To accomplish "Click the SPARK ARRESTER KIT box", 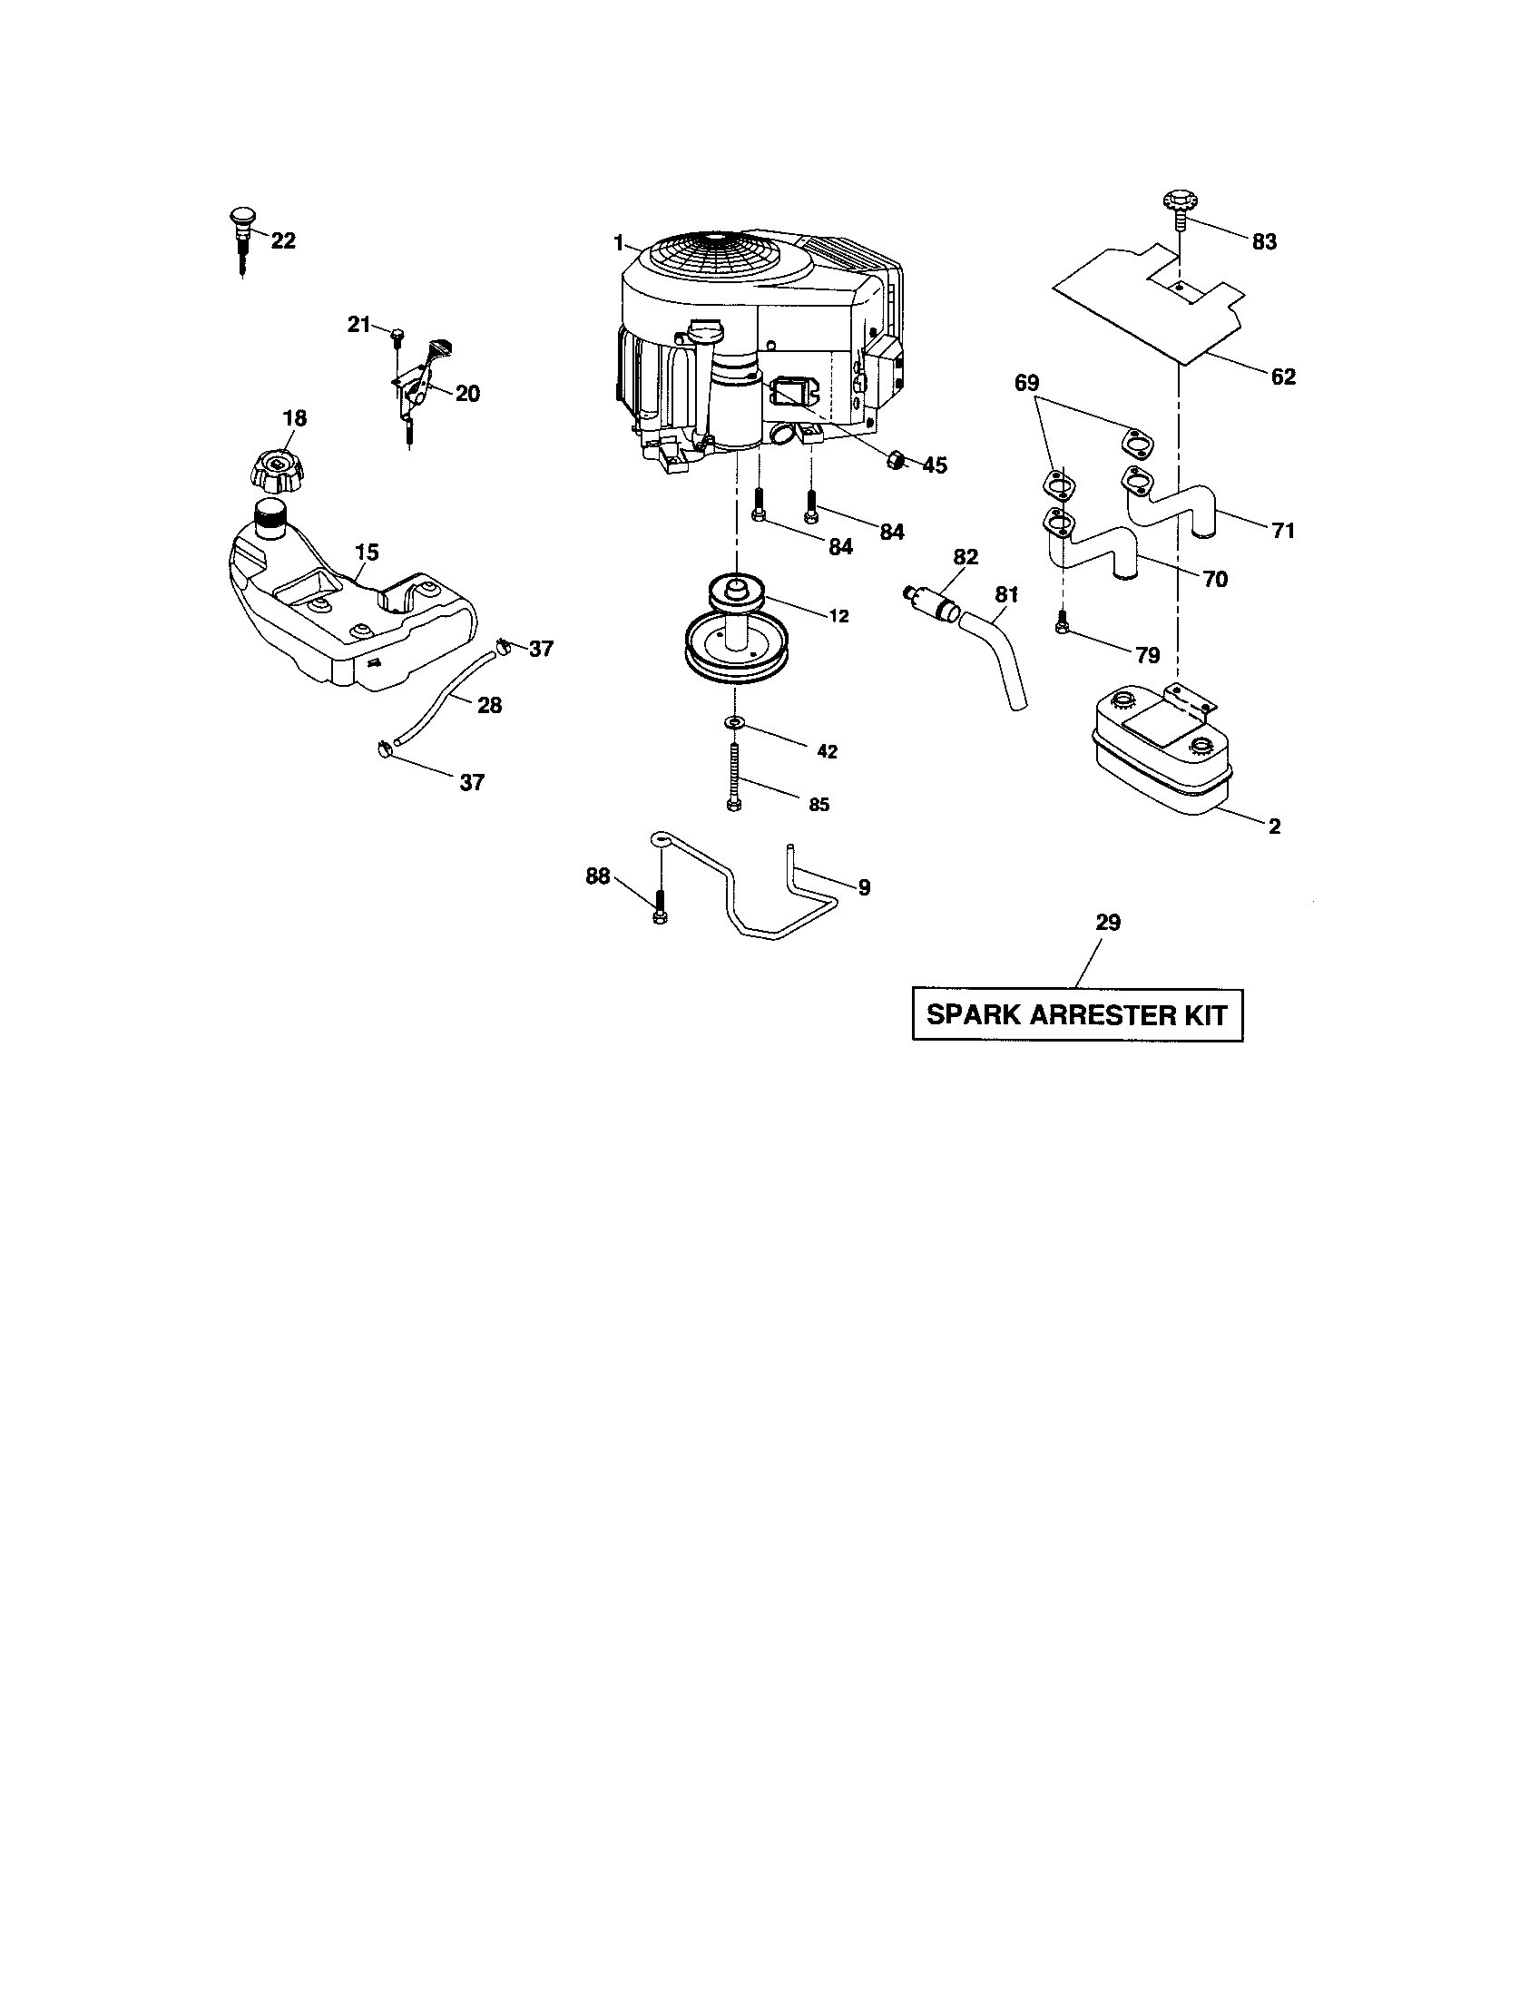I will pyautogui.click(x=1076, y=1014).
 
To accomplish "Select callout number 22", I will pyautogui.click(x=283, y=241).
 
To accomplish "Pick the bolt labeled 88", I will pyautogui.click(x=660, y=910).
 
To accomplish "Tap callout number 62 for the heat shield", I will pyautogui.click(x=1283, y=377).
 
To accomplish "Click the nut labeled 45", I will pyautogui.click(x=897, y=460).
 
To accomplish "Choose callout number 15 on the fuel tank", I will pyautogui.click(x=367, y=553).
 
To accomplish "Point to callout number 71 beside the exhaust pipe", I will pyautogui.click(x=1283, y=530).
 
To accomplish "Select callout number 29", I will pyautogui.click(x=1107, y=923).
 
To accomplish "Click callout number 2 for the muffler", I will pyautogui.click(x=1274, y=827).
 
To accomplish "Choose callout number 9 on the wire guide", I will pyautogui.click(x=864, y=886).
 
